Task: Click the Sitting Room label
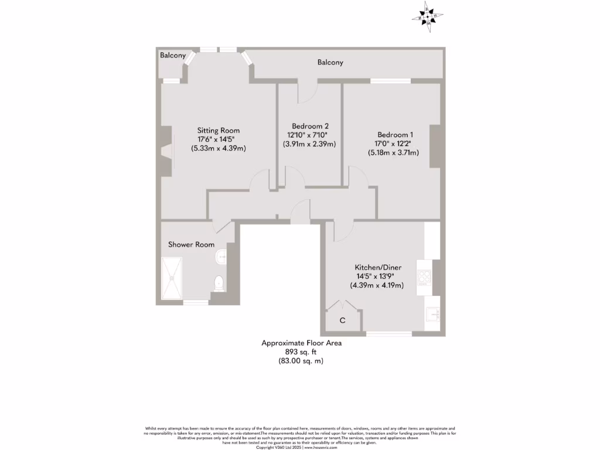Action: [x=218, y=130]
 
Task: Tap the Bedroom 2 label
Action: [x=310, y=126]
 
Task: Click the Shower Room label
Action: [x=191, y=244]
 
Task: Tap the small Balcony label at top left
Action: [x=173, y=56]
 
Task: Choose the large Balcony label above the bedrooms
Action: [x=330, y=62]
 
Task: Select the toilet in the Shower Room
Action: [x=219, y=283]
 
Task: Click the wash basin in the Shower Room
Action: [x=221, y=256]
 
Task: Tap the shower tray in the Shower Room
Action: [x=174, y=278]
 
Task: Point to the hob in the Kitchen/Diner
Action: [x=424, y=277]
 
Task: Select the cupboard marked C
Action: [x=342, y=320]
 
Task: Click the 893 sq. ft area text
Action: [x=301, y=352]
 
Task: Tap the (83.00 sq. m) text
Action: [x=301, y=362]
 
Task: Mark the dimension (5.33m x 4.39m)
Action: [x=218, y=148]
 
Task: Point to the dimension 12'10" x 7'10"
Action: [x=310, y=135]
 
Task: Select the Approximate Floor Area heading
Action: [x=301, y=343]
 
